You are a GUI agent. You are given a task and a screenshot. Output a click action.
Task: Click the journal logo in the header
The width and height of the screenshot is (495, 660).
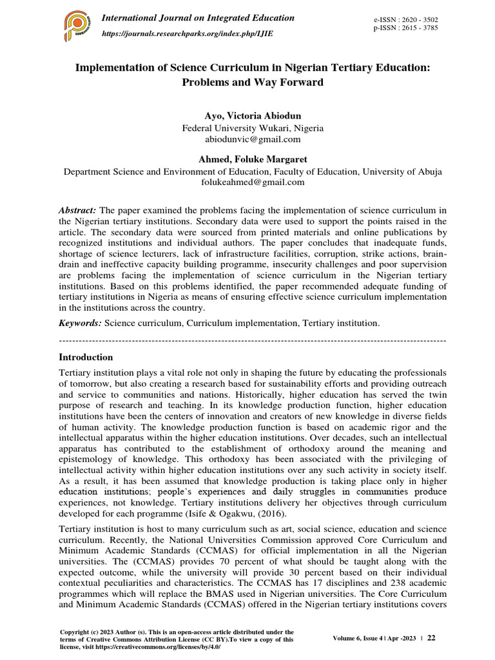pyautogui.click(x=79, y=25)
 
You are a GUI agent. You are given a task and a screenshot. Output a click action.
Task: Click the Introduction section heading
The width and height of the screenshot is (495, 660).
pyautogui.click(x=86, y=357)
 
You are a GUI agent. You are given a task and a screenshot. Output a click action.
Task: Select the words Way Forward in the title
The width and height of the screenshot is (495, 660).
pyautogui.click(x=282, y=83)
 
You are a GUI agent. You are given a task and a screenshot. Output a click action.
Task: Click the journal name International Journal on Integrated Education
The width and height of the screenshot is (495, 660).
pyautogui.click(x=198, y=18)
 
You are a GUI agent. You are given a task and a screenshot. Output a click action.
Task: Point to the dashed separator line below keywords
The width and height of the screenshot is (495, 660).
pyautogui.click(x=252, y=339)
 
